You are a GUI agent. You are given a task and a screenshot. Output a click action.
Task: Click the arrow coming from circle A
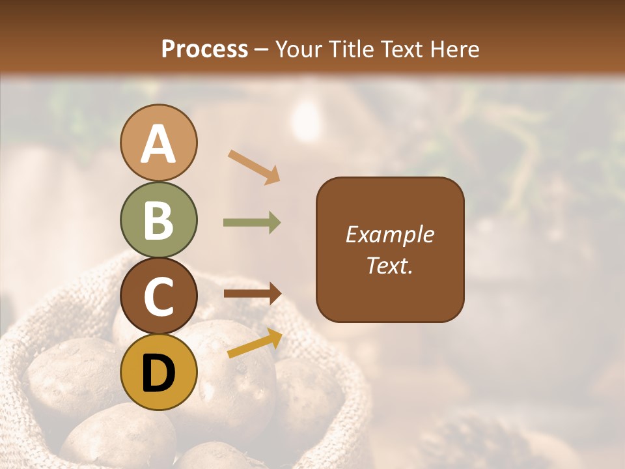[254, 167]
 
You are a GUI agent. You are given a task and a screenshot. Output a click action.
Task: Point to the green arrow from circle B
[252, 223]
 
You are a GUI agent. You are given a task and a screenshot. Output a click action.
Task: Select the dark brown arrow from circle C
[252, 294]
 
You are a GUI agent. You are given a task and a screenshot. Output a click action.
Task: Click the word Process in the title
[204, 49]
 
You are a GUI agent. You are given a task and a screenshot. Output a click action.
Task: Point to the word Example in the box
[389, 234]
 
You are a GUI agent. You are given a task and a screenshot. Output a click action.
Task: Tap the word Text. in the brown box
[389, 265]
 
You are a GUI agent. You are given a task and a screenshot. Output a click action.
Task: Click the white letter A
[158, 145]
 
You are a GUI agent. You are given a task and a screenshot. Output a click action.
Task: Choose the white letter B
[158, 220]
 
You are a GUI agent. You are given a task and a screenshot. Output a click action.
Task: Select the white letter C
[158, 296]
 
